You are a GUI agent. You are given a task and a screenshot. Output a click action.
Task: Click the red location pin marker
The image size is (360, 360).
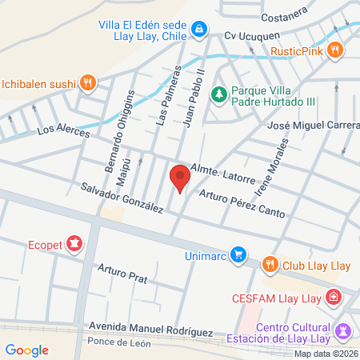(x=180, y=177)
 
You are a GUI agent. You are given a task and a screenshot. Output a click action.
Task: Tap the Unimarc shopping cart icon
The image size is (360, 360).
(x=237, y=255)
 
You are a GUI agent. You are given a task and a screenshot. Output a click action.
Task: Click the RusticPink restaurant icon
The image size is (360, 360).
(x=335, y=50)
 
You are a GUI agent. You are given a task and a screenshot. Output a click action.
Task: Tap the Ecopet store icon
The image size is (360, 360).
(x=74, y=243)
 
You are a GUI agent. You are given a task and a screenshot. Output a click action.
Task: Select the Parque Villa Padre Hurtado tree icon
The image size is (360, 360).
(x=218, y=94)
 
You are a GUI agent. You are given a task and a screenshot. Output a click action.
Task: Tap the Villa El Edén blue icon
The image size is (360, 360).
(x=198, y=31)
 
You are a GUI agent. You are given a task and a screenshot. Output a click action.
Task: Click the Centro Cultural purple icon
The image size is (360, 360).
(x=344, y=330)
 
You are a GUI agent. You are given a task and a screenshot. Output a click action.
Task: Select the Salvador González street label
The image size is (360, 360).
(x=122, y=198)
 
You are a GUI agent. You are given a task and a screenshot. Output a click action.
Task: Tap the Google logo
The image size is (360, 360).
(x=26, y=350)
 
